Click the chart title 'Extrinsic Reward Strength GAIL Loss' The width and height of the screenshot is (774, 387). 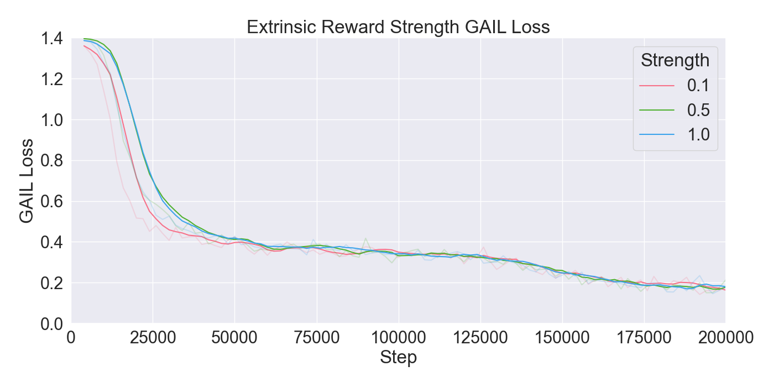coord(398,27)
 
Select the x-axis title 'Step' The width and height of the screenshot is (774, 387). coord(398,358)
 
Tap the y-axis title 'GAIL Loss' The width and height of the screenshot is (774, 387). coord(27,181)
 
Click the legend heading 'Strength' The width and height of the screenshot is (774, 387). coord(674,60)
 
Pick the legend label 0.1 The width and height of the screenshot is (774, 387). coord(698,86)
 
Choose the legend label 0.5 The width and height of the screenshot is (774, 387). coord(698,110)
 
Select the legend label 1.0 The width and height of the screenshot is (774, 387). coord(698,134)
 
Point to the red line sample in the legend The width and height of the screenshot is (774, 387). coord(657,86)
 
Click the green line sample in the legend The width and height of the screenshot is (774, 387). coord(657,110)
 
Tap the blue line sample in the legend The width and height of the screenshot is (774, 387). coord(657,134)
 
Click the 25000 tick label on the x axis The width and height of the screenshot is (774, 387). coord(153,338)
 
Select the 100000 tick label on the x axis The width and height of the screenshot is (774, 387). coord(398,338)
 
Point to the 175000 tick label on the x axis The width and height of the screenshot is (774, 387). coord(644,338)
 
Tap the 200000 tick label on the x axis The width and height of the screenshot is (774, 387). coord(725,338)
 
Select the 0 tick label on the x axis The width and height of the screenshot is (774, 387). coord(71,338)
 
